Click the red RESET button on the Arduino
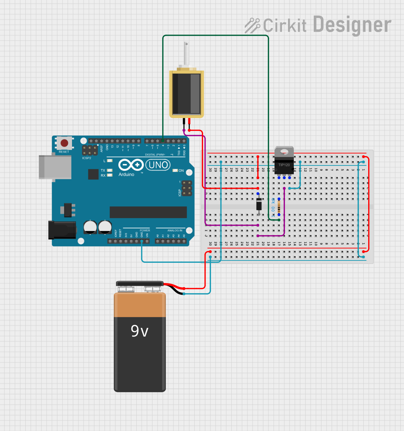click(x=64, y=143)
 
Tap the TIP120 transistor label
click(x=284, y=165)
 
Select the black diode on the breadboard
click(x=259, y=204)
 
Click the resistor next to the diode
click(x=279, y=206)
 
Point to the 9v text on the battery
click(x=139, y=331)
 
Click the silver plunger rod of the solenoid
click(x=186, y=53)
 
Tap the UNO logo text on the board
click(x=158, y=165)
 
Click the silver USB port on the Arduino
click(x=55, y=167)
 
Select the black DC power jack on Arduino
click(x=62, y=229)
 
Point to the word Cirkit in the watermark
click(x=285, y=26)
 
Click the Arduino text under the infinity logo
click(x=126, y=175)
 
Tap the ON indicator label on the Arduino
click(x=181, y=171)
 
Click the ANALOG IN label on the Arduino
click(x=175, y=230)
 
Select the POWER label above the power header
click(x=145, y=230)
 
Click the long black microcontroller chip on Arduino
click(x=148, y=212)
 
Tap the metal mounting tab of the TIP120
click(x=284, y=151)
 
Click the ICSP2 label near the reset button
click(x=87, y=158)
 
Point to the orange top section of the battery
click(x=140, y=305)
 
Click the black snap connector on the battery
click(x=140, y=283)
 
